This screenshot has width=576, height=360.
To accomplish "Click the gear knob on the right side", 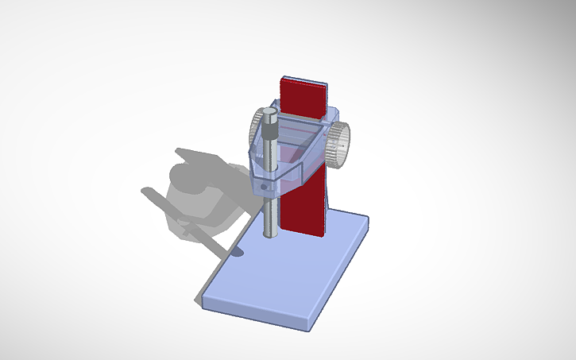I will (x=341, y=145).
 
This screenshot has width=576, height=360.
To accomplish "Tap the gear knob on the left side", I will (x=257, y=126).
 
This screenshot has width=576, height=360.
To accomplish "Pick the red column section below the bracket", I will (x=306, y=207).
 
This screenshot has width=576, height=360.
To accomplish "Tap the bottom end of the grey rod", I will (x=271, y=234).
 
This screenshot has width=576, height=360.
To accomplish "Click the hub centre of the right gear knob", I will (x=342, y=145).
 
